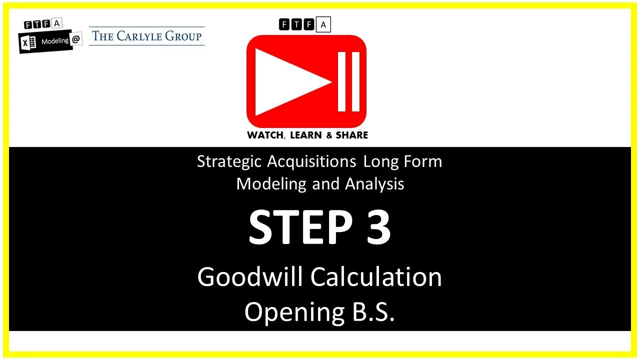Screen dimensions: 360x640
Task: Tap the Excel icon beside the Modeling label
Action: [28, 43]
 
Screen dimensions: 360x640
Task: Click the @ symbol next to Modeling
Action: [76, 40]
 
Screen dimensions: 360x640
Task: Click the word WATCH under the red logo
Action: [266, 135]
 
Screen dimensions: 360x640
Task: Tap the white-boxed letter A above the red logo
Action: [323, 24]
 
